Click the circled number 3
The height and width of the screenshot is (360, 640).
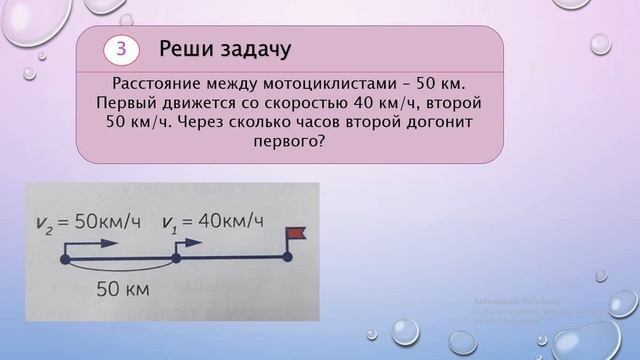tap(121, 49)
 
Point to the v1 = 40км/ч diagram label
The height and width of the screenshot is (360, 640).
tap(216, 219)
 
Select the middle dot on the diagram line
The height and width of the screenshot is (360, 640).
tap(175, 258)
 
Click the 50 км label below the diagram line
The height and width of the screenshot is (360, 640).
tap(121, 291)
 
